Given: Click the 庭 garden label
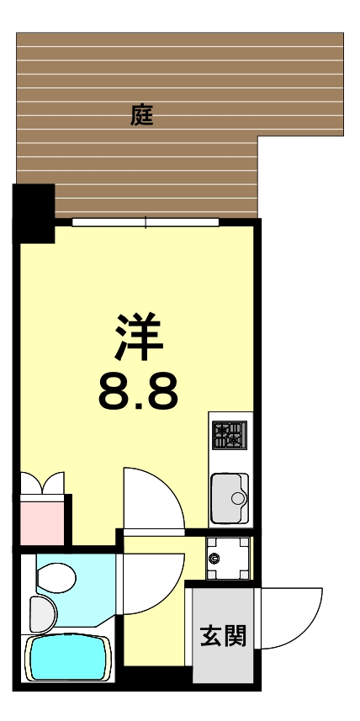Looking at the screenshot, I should point(142,114).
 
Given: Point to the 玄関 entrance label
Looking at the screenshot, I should point(223,636).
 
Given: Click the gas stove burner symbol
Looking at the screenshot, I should point(230,436).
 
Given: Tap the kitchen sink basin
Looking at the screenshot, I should point(229,499).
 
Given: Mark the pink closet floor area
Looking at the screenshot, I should point(42,522).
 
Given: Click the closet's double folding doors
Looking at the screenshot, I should point(42,485).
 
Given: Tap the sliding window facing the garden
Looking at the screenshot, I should point(146,222).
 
